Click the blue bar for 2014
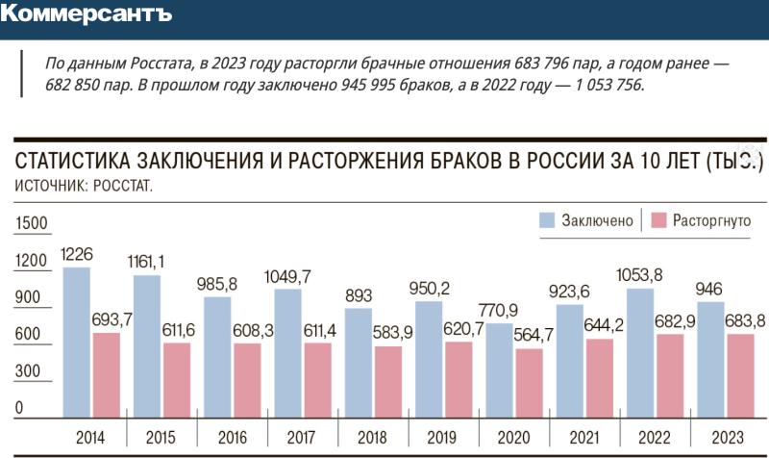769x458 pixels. (x=77, y=342)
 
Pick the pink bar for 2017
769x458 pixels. (x=317, y=379)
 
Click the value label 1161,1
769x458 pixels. (x=148, y=262)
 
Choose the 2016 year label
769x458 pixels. (x=231, y=437)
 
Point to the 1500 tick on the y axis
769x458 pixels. (x=31, y=223)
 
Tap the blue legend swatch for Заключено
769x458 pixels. (x=546, y=220)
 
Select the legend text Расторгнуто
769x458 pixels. (x=711, y=220)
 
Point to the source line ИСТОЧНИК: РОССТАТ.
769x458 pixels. (x=85, y=184)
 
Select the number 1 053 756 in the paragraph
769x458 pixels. (x=606, y=85)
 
